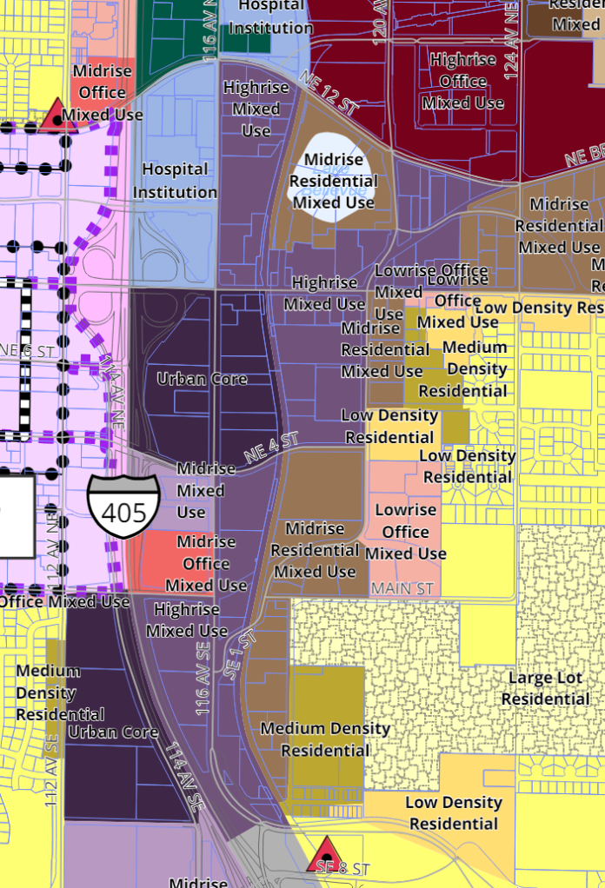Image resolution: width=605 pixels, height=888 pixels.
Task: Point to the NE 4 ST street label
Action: coord(271,449)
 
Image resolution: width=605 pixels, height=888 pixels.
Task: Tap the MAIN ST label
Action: coord(402,589)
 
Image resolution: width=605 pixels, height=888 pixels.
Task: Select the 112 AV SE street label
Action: coord(52,770)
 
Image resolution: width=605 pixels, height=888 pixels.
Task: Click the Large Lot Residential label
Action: coord(545,688)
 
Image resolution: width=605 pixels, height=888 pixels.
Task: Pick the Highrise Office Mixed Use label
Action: coord(463,81)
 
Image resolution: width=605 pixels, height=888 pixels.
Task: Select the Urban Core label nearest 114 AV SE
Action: coord(113,732)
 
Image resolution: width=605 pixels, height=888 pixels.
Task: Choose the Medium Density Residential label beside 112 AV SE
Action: coord(48,693)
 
